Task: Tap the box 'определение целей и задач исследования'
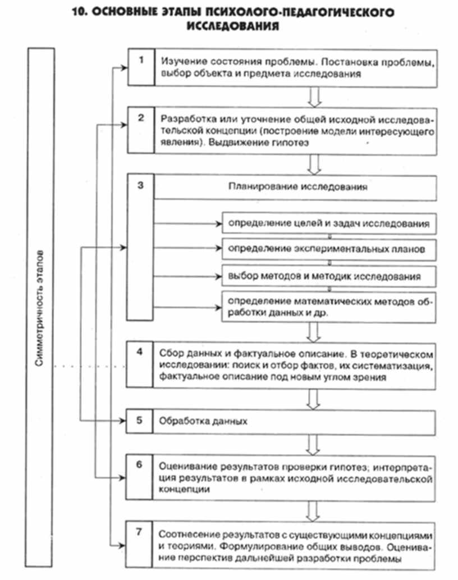329,223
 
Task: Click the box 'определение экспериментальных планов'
329,247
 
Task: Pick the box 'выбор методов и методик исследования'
329,276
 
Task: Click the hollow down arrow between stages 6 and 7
314,511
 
